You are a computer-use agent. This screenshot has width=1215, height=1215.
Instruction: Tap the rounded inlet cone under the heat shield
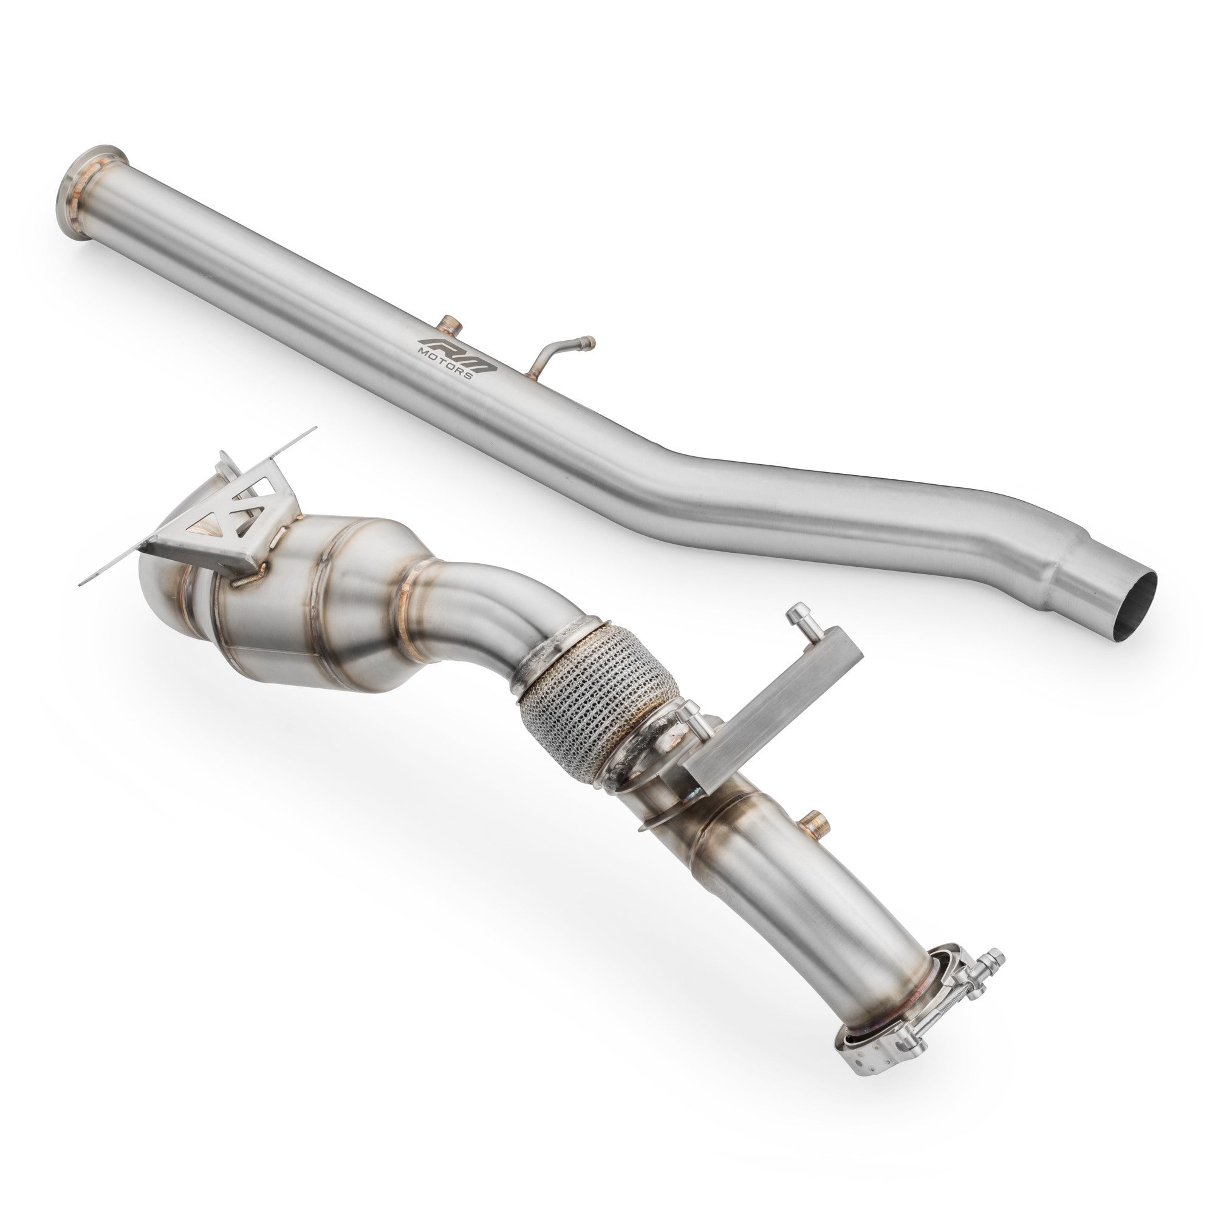[x=160, y=597]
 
